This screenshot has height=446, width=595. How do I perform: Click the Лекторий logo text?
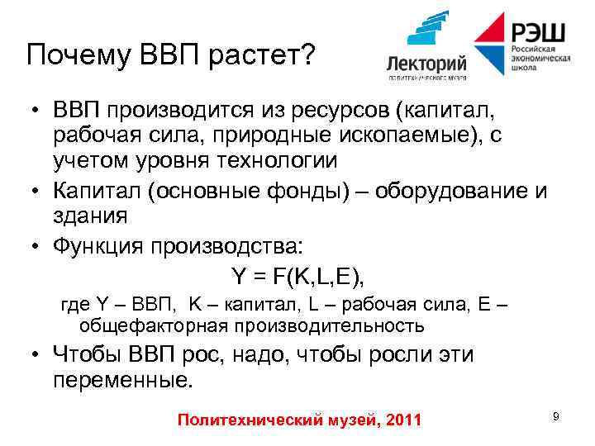pyautogui.click(x=427, y=64)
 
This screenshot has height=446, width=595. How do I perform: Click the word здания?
pyautogui.click(x=90, y=216)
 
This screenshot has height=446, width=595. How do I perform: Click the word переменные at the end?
pyautogui.click(x=121, y=381)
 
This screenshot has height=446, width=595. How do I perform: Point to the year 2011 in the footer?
pyautogui.click(x=403, y=420)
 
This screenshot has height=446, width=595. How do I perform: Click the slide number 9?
pyautogui.click(x=555, y=417)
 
